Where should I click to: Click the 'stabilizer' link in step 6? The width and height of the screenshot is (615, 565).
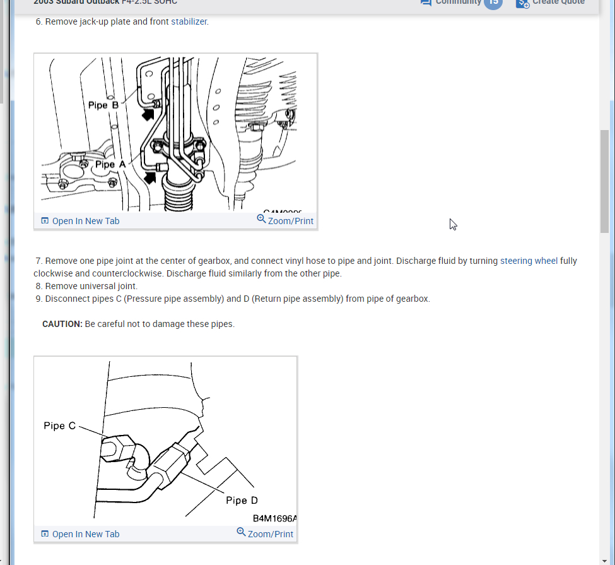(189, 21)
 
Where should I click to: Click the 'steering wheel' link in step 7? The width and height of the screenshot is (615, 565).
(529, 261)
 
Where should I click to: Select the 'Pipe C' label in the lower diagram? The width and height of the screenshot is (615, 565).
(59, 425)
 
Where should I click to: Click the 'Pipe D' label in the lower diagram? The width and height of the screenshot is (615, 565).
(242, 501)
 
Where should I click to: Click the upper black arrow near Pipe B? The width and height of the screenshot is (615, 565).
(148, 114)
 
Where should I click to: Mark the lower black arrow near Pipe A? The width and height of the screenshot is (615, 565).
(149, 177)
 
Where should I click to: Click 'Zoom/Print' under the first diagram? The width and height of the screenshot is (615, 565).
(290, 221)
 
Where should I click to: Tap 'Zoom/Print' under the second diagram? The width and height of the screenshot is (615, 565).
(270, 534)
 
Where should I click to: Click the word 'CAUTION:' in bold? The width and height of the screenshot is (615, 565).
(62, 324)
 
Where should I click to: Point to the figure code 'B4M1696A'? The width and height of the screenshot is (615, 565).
(274, 518)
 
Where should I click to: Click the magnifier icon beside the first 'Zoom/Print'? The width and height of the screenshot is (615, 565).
(261, 219)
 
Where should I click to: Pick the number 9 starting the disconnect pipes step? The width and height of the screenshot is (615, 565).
(38, 299)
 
